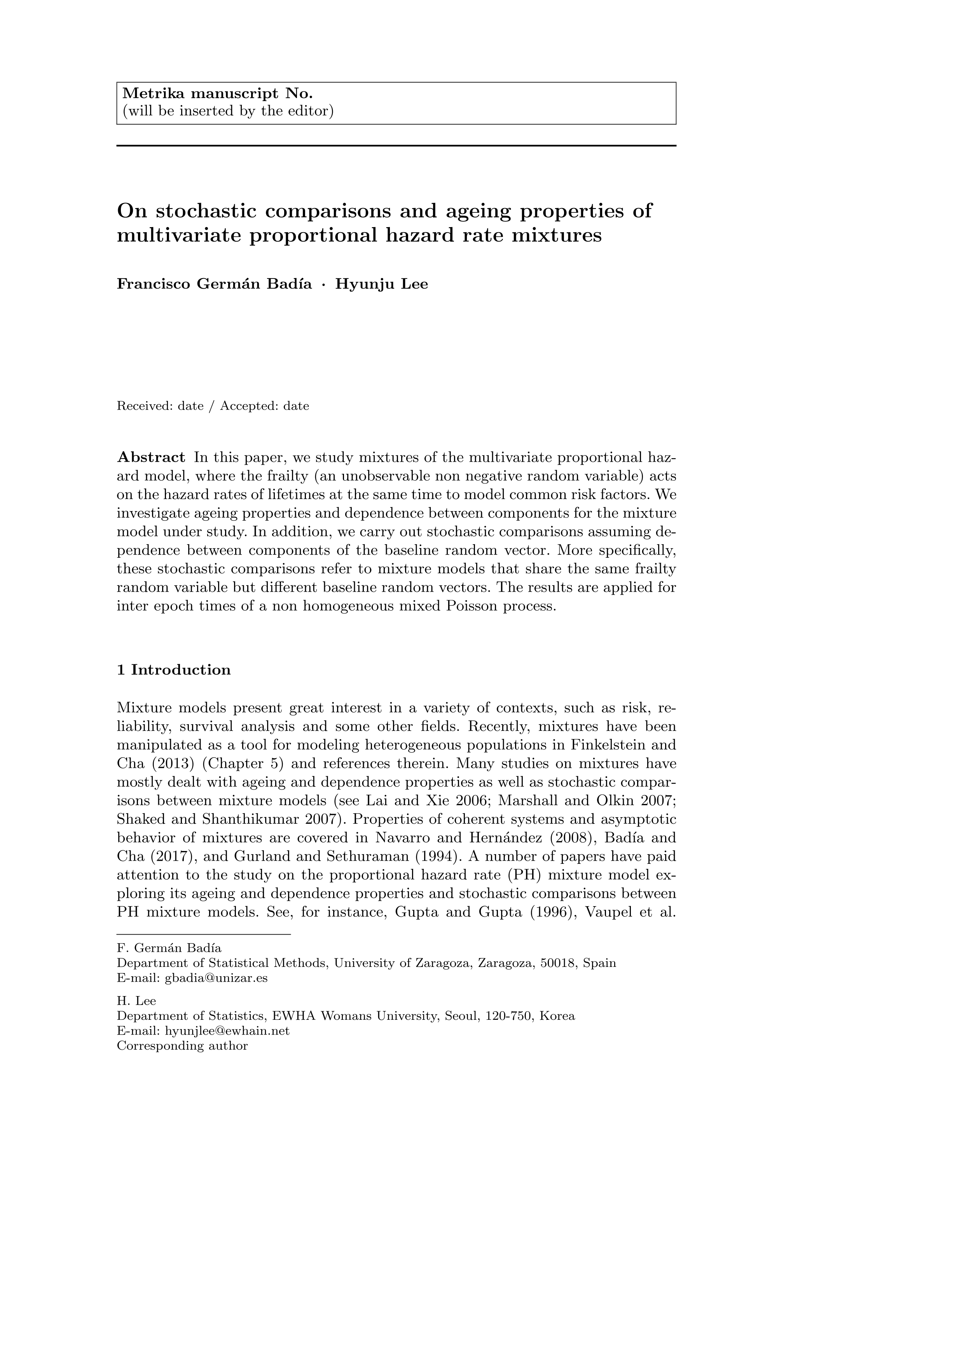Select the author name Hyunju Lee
(x=382, y=284)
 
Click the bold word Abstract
(x=151, y=457)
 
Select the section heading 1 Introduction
(x=174, y=670)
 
